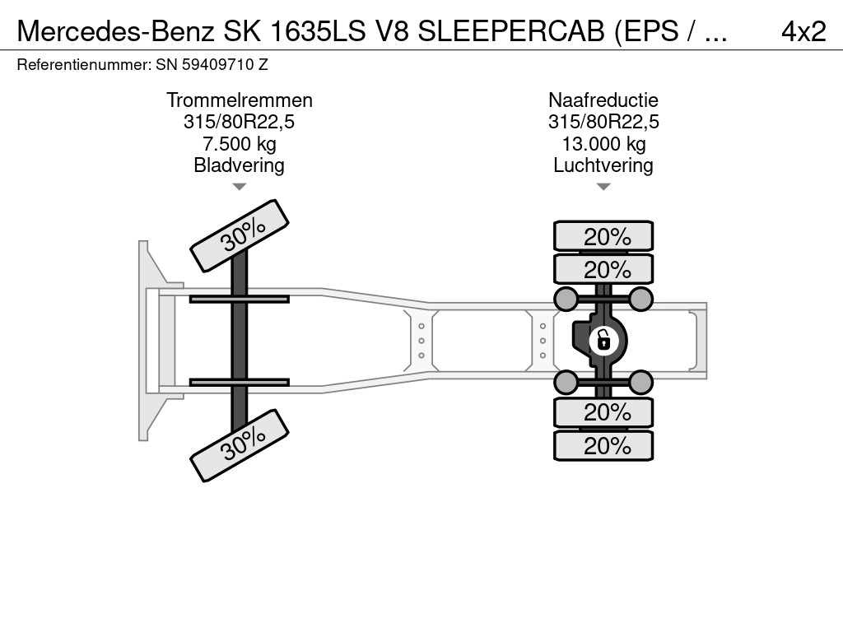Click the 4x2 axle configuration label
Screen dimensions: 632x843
803,31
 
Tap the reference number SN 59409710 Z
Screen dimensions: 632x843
212,64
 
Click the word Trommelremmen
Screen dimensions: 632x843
240,100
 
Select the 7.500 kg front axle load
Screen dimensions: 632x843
240,144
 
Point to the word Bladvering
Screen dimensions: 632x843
240,165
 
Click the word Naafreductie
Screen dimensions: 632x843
603,100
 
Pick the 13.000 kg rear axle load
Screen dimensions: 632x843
603,144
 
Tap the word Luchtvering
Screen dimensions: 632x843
603,165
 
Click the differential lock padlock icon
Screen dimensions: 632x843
603,338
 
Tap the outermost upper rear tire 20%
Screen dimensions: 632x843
603,236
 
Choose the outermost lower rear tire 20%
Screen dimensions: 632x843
603,446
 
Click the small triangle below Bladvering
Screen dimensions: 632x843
240,187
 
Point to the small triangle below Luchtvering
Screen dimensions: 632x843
603,187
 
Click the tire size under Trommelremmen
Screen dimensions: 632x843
240,123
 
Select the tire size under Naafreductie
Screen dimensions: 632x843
603,123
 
